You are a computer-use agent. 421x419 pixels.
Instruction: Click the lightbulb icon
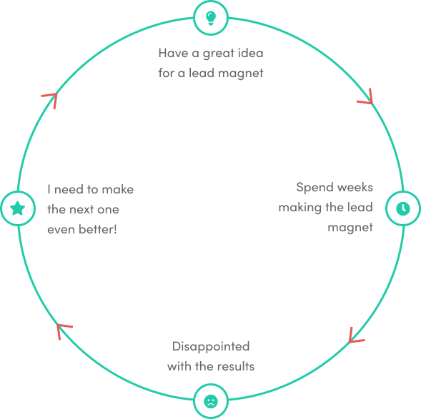click(x=211, y=19)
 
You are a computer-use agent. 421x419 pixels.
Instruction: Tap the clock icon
click(x=403, y=208)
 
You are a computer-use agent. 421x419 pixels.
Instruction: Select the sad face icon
click(x=211, y=401)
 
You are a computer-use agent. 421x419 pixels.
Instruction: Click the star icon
click(x=18, y=208)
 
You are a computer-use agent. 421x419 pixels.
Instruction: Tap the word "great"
click(x=218, y=54)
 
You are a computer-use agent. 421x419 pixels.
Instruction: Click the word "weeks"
click(x=355, y=187)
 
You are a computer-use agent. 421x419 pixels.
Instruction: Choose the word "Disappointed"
click(x=211, y=347)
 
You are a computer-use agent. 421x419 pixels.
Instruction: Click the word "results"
click(x=235, y=366)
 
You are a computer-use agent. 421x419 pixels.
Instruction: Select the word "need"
click(x=69, y=189)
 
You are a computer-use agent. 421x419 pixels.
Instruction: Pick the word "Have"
click(x=174, y=53)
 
